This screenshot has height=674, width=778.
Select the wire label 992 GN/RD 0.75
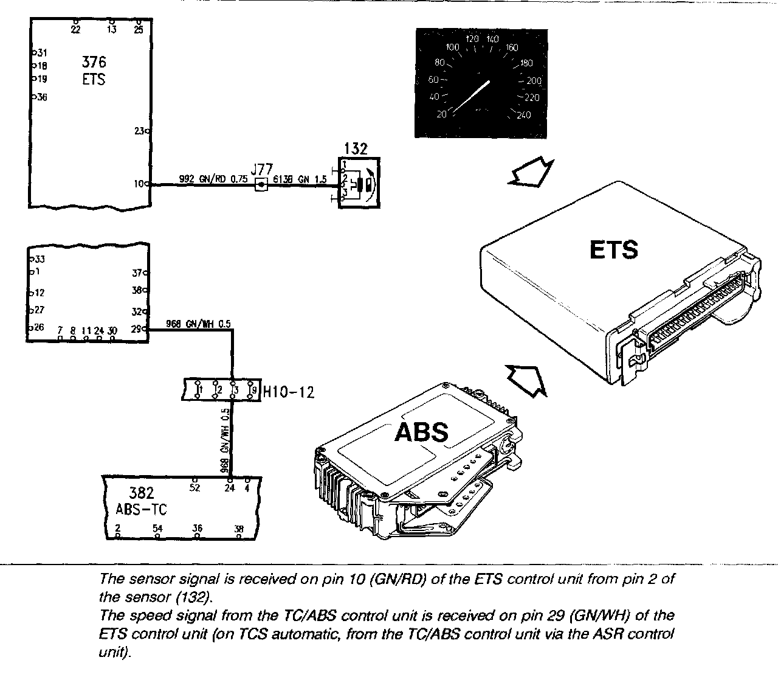click(205, 179)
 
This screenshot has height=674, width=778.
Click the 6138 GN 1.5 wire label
click(299, 179)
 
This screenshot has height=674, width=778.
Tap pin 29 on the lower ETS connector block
click(146, 330)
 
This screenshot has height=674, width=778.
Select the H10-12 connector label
click(289, 392)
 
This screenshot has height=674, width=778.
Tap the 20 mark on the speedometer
click(441, 114)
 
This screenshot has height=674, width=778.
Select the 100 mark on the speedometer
click(452, 47)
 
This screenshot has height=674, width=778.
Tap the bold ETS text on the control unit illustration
click(613, 250)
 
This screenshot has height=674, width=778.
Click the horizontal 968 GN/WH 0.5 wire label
click(198, 324)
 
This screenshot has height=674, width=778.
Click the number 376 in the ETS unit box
click(94, 62)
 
